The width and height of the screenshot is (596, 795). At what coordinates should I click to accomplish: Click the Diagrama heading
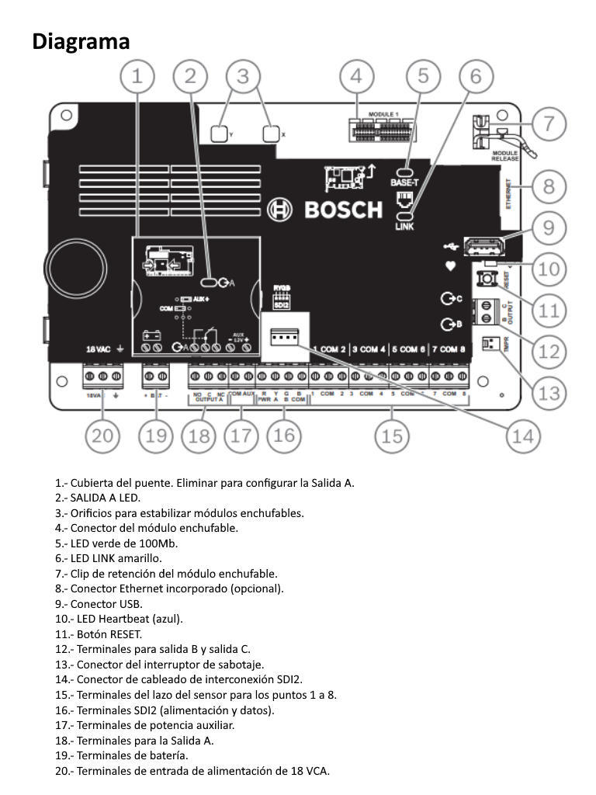tap(81, 41)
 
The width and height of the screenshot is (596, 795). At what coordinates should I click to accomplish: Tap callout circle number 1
tap(137, 76)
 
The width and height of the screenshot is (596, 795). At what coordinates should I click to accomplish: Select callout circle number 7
tap(549, 123)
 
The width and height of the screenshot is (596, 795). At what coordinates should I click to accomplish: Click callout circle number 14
tap(523, 436)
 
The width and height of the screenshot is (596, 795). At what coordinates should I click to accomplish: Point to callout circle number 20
tap(102, 436)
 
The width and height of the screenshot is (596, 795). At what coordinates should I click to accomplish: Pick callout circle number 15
tap(392, 436)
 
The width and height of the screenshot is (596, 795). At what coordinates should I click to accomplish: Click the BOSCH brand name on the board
tap(342, 210)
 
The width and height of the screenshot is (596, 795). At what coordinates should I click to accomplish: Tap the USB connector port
tap(483, 246)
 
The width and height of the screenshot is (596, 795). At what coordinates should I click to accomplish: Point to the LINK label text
tap(404, 226)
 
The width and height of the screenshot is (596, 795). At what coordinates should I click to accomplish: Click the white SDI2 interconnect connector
tap(285, 335)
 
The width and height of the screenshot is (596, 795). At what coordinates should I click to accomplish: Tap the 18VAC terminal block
tap(102, 377)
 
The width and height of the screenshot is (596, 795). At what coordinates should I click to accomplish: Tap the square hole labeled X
tap(270, 134)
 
